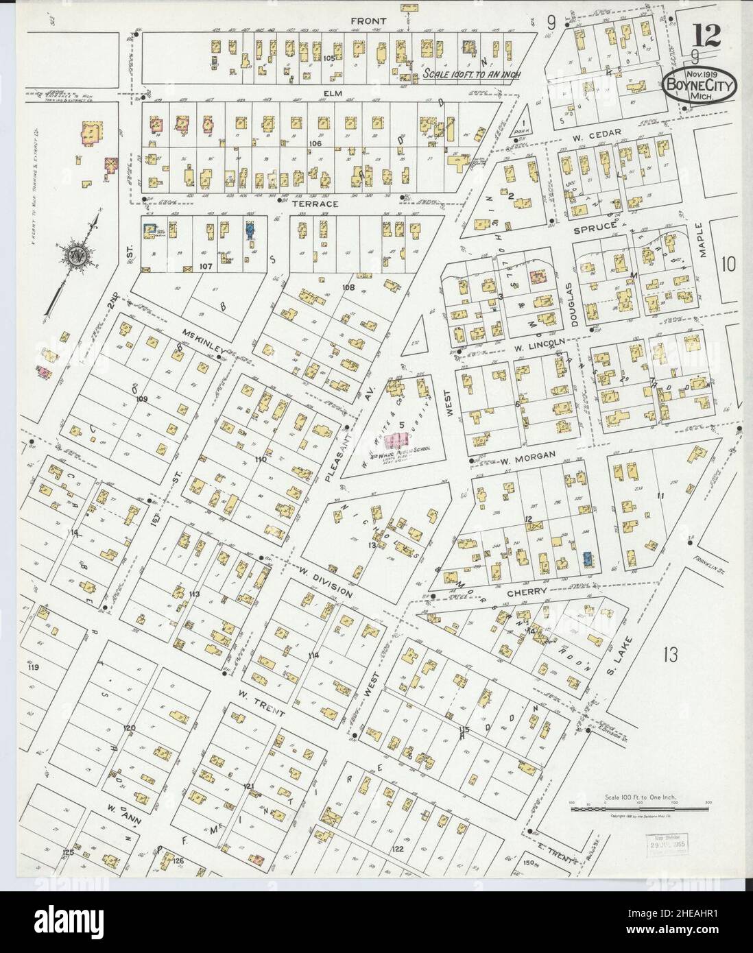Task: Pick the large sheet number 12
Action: pos(705,34)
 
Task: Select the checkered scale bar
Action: pos(627,810)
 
